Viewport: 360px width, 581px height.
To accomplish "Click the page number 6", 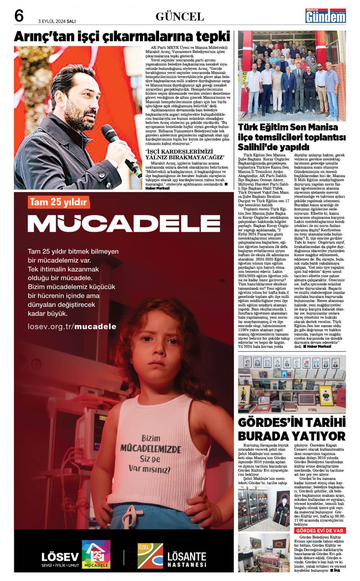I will pos(19,16).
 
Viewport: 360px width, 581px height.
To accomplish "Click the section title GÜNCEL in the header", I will pos(180,17).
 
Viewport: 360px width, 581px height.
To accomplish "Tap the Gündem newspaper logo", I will pos(325,16).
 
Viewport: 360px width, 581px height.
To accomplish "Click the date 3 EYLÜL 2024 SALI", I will pos(57,21).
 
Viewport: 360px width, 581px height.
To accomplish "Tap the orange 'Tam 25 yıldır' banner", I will pos(58,202).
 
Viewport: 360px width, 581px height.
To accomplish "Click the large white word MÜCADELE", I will pos(123,223).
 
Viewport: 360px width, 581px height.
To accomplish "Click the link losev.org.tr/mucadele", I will pos(72,327).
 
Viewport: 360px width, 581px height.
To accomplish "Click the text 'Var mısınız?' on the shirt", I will pos(149,469).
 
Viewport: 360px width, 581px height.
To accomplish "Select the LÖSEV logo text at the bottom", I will pos(60,557).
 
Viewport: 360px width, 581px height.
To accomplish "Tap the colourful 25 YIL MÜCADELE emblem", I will pos(96,554).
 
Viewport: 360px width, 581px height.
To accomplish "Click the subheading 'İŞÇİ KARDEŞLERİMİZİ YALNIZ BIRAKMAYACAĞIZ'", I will pos(184,154).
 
